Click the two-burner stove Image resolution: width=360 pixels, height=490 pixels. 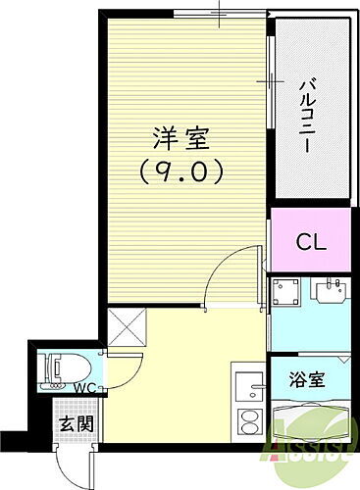[249, 425]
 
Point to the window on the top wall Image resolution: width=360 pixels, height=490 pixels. [219, 14]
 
